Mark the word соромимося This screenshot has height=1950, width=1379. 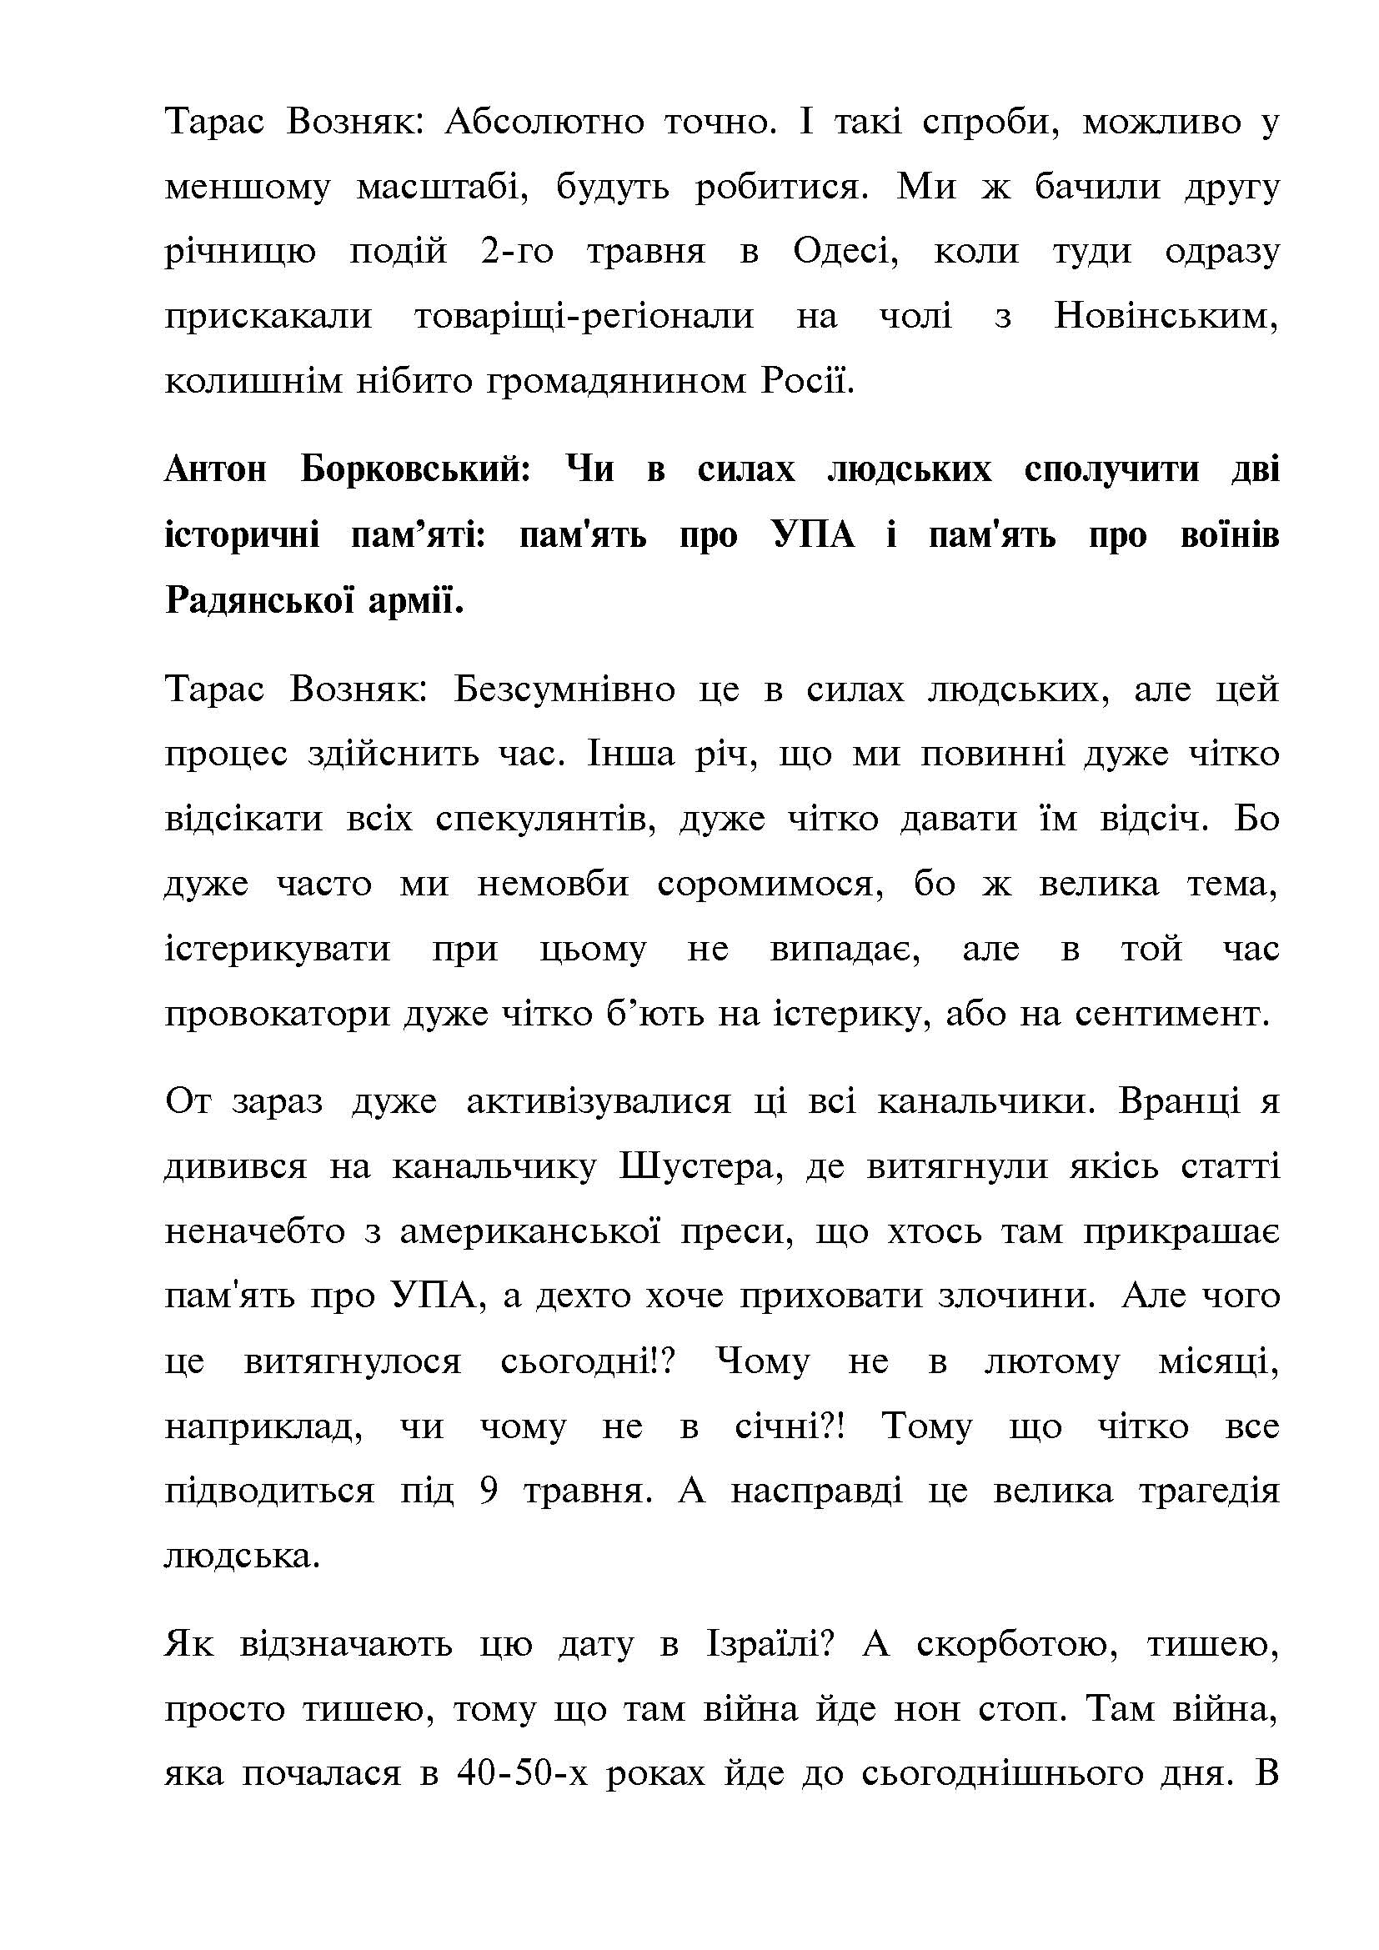(765, 884)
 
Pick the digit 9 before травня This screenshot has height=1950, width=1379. (489, 1491)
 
